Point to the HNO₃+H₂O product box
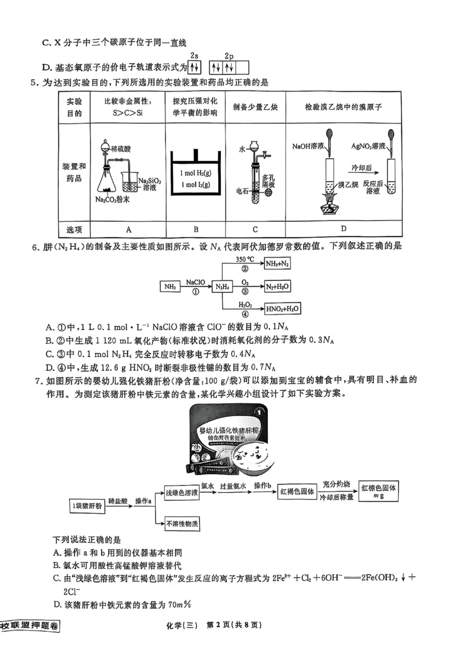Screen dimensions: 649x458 (x=283, y=308)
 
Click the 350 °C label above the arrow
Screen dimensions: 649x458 (x=244, y=259)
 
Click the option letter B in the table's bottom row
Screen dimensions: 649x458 (x=196, y=230)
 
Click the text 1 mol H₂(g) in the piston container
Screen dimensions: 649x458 (x=195, y=173)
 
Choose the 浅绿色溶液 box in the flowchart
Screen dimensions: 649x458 (x=182, y=492)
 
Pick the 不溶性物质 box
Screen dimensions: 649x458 (x=182, y=523)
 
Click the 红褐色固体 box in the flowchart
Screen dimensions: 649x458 (x=297, y=492)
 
